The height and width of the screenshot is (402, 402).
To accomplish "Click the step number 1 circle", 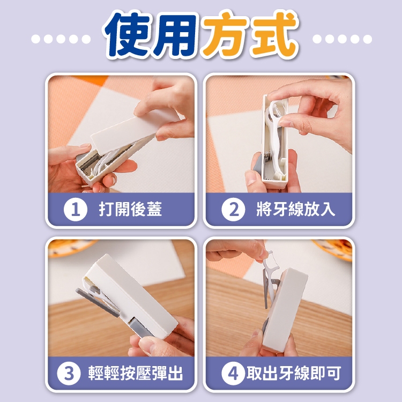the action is pyautogui.click(x=76, y=210).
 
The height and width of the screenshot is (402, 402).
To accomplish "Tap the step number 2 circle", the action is pyautogui.click(x=233, y=210).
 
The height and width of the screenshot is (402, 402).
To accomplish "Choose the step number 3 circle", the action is pyautogui.click(x=69, y=373).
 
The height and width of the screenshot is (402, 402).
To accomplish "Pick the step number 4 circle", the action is pyautogui.click(x=233, y=373).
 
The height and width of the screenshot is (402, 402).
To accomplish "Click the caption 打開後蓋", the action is pyautogui.click(x=130, y=209).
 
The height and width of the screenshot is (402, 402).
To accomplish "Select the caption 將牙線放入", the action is pyautogui.click(x=295, y=209).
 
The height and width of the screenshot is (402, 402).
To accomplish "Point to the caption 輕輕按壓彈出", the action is pyautogui.click(x=136, y=373).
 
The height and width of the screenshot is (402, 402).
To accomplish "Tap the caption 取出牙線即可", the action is pyautogui.click(x=294, y=373).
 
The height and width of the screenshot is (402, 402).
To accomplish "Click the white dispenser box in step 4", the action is pyautogui.click(x=285, y=310).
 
